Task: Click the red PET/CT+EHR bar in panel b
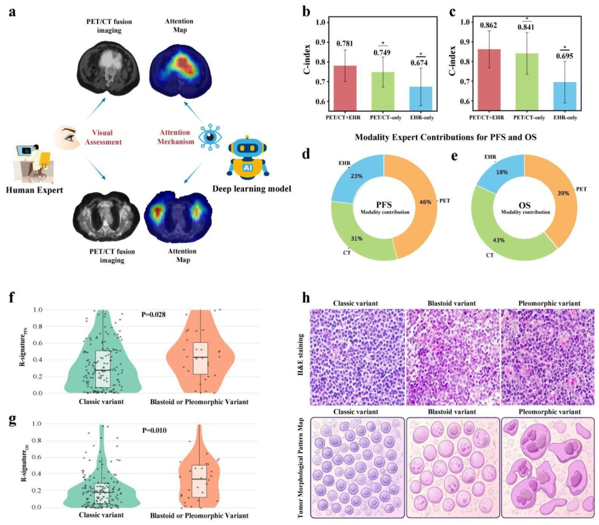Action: coord(345,88)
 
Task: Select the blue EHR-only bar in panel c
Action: coord(565,96)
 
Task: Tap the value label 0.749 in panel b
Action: coord(382,52)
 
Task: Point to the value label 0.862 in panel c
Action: coord(489,25)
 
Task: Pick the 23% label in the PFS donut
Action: coord(357,176)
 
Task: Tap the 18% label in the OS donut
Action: coord(501,173)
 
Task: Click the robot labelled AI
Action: coord(247,158)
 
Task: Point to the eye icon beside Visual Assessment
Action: coord(66,138)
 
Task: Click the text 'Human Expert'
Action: coord(34,190)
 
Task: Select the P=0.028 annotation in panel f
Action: coord(154,315)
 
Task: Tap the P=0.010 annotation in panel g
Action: coord(154,431)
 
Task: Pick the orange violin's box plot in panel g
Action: coord(199,481)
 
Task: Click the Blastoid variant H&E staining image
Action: coord(453,357)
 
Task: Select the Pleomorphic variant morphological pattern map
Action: coord(548,468)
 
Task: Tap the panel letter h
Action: coord(306,297)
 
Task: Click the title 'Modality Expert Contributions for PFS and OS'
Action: coord(446,137)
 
